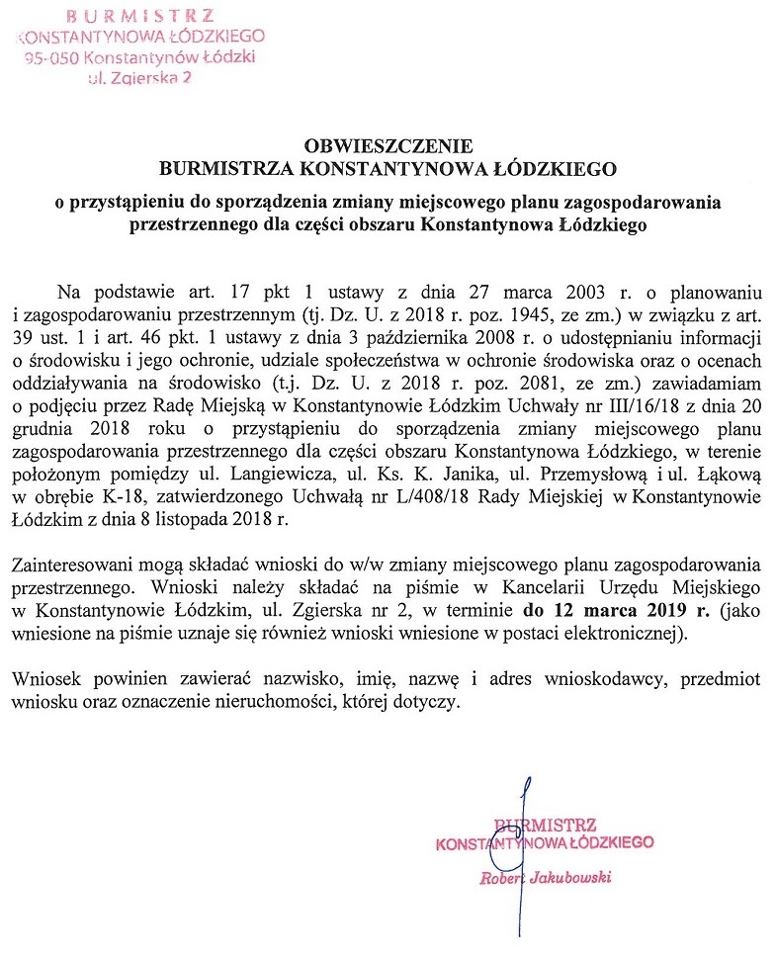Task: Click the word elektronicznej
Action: tap(621, 633)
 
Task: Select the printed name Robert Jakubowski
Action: tap(545, 877)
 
